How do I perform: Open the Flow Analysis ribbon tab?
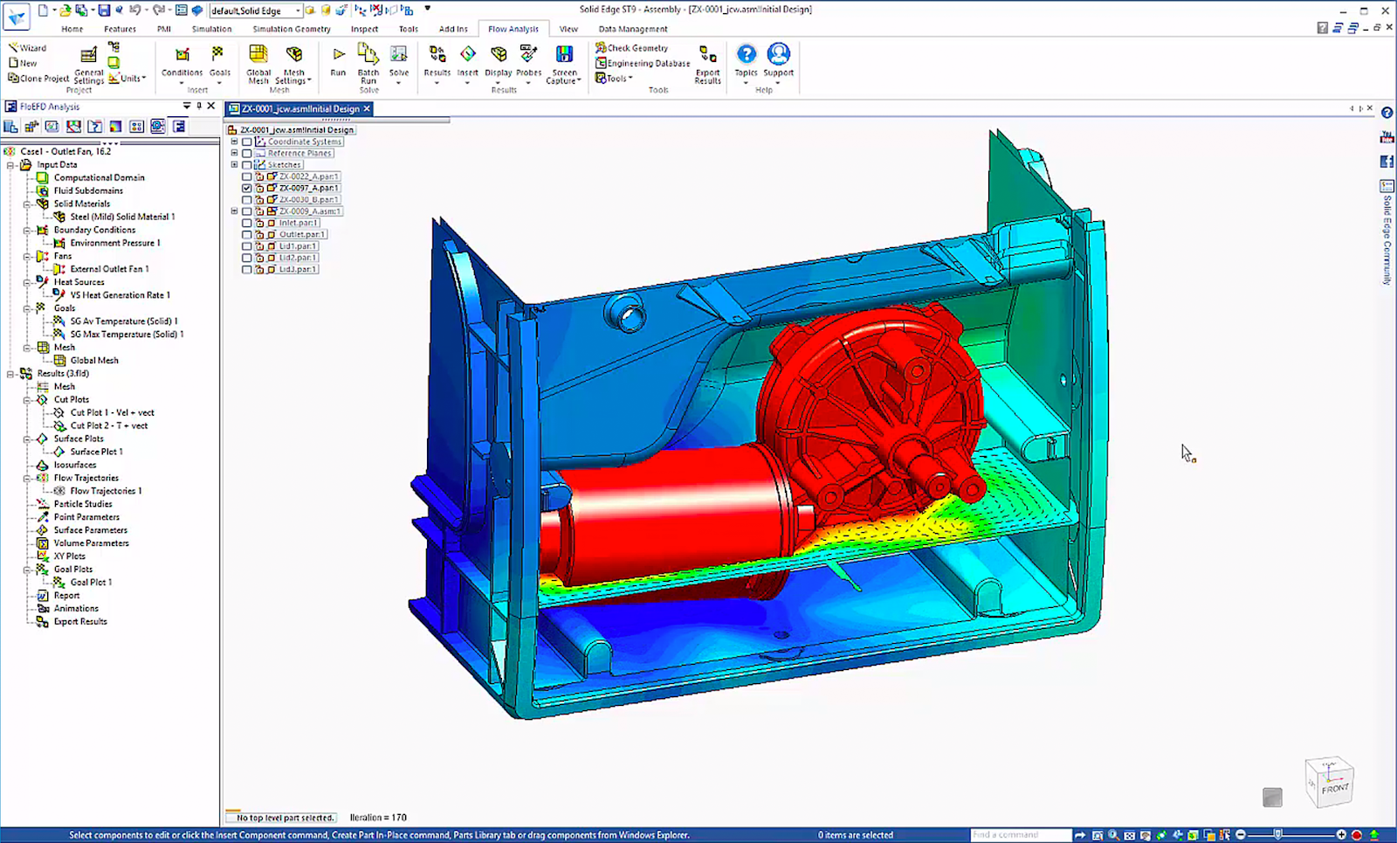tap(513, 29)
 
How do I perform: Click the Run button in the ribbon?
tap(338, 60)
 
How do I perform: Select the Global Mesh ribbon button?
tap(258, 63)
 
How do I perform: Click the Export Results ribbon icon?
tap(707, 63)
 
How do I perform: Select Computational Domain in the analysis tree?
tap(99, 177)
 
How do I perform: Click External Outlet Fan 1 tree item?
tap(109, 269)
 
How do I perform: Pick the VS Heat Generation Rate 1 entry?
tap(120, 295)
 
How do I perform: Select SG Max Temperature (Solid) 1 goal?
tap(127, 335)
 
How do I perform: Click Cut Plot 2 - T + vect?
tap(108, 425)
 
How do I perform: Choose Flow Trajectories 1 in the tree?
tap(106, 491)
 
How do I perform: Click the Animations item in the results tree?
tap(76, 609)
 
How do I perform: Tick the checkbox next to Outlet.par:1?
tap(247, 235)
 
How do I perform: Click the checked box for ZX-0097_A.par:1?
tap(247, 188)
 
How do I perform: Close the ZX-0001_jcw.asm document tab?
tap(368, 109)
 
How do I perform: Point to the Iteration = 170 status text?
tap(378, 818)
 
